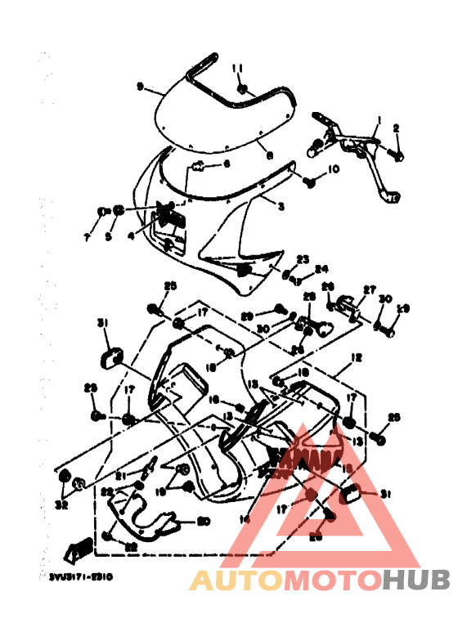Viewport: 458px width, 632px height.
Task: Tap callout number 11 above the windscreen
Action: tap(238, 67)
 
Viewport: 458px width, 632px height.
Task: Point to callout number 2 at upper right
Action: tap(396, 128)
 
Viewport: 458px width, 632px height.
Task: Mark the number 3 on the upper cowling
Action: tap(281, 208)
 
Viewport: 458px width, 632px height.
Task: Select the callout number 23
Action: tap(303, 258)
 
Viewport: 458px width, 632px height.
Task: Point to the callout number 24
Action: tap(321, 267)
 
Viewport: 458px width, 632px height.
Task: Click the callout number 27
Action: tap(369, 289)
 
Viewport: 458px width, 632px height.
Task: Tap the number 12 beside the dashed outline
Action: tap(356, 357)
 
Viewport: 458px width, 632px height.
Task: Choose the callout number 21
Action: tap(119, 475)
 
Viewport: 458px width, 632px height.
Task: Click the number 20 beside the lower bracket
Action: tap(204, 521)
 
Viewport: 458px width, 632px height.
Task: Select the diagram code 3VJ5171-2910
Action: tap(80, 576)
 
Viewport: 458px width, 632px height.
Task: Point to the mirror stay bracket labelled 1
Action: tap(360, 142)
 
